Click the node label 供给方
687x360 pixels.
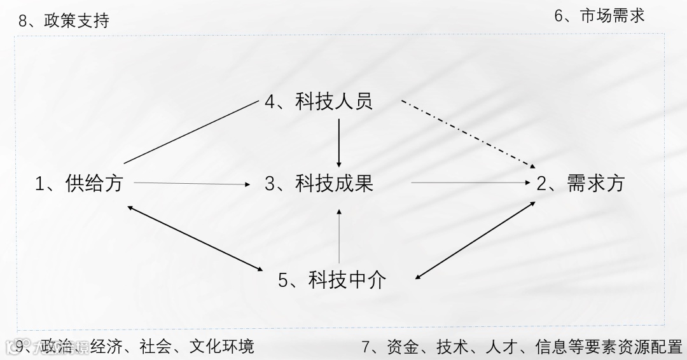[94, 184]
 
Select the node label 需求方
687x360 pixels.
[597, 184]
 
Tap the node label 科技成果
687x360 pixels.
[334, 184]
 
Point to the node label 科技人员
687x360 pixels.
[334, 101]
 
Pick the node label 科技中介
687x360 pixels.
[347, 280]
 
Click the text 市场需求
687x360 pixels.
[613, 16]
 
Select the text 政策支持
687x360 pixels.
[77, 21]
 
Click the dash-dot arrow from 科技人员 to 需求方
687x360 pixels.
[468, 133]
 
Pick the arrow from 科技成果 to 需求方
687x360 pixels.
[471, 183]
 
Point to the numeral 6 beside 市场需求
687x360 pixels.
[559, 16]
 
